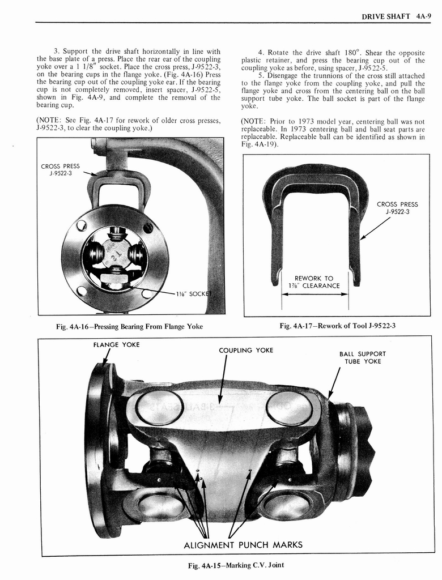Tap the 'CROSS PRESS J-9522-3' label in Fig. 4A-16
(x=60, y=170)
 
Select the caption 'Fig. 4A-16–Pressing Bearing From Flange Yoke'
(x=128, y=326)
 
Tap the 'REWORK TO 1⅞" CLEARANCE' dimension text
(x=313, y=282)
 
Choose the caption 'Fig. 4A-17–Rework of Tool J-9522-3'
(x=337, y=326)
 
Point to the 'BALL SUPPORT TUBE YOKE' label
(x=363, y=357)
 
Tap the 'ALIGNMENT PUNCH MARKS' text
(x=243, y=545)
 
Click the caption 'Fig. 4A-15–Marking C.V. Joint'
(x=235, y=565)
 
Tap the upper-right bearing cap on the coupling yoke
(x=289, y=408)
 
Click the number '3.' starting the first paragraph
(x=57, y=52)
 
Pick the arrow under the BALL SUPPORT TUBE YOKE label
(x=334, y=383)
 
